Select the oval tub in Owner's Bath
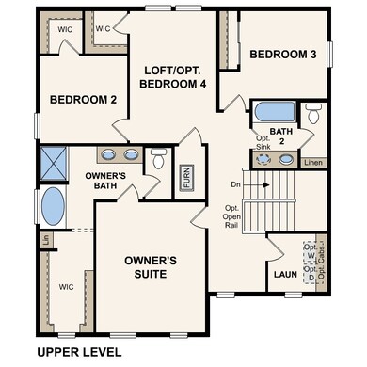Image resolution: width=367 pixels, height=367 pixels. pyautogui.click(x=54, y=207)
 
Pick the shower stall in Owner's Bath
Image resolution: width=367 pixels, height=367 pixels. pyautogui.click(x=54, y=163)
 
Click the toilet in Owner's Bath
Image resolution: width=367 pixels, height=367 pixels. pyautogui.click(x=158, y=161)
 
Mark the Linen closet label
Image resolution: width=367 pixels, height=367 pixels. pyautogui.click(x=313, y=162)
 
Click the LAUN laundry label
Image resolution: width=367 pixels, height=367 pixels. pyautogui.click(x=281, y=276)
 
